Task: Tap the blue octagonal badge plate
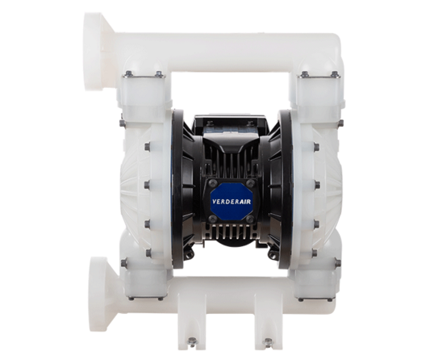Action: click(232, 200)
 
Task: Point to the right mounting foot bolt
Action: click(267, 342)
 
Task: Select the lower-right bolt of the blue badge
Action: click(250, 218)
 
